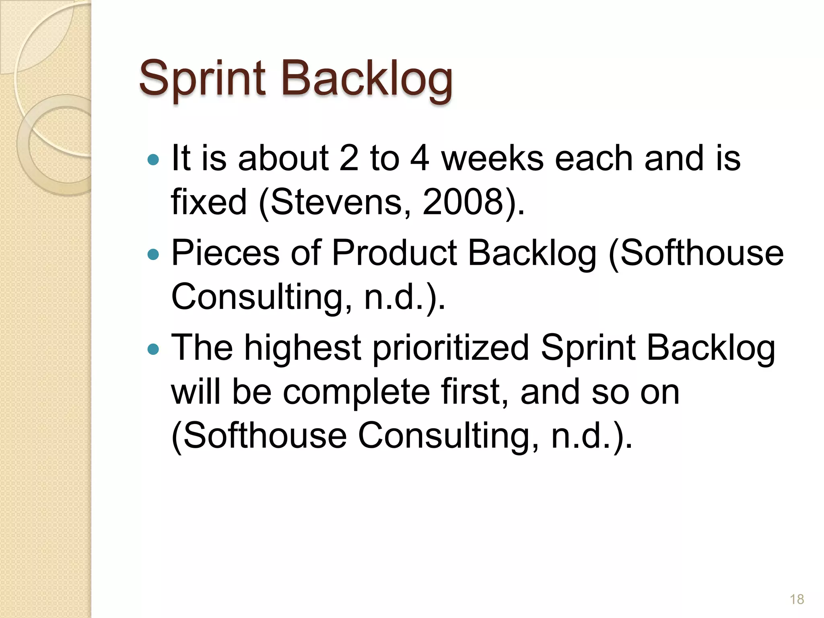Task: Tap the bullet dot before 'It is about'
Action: coord(153,160)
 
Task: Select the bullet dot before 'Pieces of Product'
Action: coord(153,254)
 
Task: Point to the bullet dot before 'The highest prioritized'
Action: coord(153,349)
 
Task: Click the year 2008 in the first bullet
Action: coord(463,202)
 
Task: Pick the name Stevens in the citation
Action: coord(336,202)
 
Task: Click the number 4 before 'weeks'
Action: coord(420,159)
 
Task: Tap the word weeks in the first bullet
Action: coord(492,159)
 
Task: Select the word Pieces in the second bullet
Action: coord(225,253)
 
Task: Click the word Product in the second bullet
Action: coord(394,253)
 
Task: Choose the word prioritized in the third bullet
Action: coord(451,348)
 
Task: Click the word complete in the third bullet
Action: coord(356,392)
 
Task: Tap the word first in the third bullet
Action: coord(475,392)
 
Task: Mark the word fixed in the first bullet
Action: coord(208,202)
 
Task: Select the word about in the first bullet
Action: coord(283,159)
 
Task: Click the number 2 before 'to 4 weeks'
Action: coord(348,159)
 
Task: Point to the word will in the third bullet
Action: coord(196,392)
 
